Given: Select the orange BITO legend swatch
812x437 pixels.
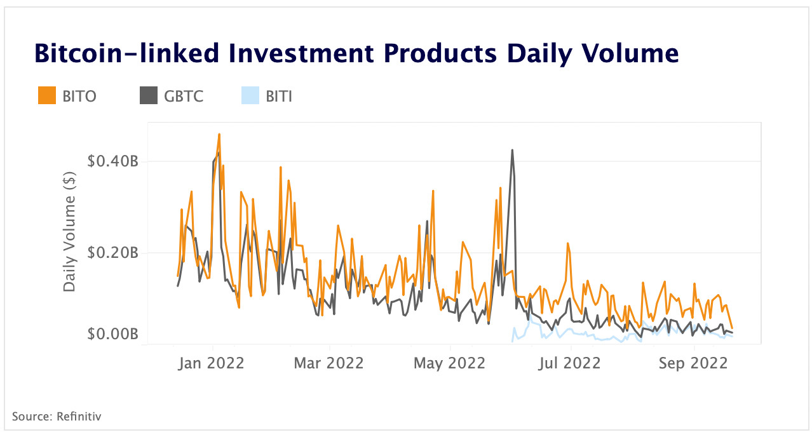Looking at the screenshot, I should tap(47, 96).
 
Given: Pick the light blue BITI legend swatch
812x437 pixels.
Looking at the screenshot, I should tap(250, 96).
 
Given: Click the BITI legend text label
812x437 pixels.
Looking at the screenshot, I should tap(279, 97).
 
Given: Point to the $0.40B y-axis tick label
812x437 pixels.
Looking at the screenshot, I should tap(112, 161).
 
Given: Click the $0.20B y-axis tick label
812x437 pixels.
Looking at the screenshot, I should tap(112, 253).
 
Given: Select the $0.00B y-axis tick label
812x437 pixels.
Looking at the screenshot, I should tap(112, 334).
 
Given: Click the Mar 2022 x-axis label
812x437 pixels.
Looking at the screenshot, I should tap(330, 363).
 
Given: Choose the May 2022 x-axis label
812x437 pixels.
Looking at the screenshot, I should tap(449, 363).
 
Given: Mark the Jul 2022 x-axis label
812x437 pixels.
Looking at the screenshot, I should tap(571, 363).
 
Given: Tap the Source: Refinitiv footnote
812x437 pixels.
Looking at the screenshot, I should tap(57, 417).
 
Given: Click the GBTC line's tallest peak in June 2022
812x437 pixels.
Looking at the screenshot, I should tap(512, 151).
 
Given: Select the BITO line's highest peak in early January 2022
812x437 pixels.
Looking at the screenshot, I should tap(219, 135).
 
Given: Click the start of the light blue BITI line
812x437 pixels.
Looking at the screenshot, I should tap(511, 341).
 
